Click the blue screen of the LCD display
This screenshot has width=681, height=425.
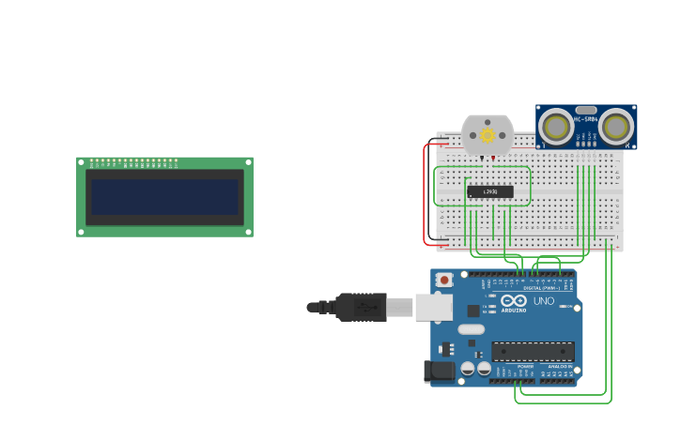pos(164,197)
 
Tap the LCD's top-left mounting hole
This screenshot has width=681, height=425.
pos(81,161)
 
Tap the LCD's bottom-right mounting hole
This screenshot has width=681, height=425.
pos(248,232)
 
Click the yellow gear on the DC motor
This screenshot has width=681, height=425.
pos(488,136)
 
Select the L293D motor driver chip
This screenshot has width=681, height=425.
pos(490,191)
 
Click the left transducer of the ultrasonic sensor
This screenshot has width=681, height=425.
pos(556,127)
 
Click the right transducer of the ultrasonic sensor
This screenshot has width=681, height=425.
pos(617,127)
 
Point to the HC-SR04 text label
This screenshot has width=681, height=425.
pos(586,119)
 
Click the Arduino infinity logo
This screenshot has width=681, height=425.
pos(514,301)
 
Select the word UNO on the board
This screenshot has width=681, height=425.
pos(544,301)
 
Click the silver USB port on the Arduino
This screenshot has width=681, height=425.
pos(434,307)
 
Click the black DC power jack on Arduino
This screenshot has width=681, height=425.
pos(439,372)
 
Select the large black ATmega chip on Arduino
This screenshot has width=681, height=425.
pos(533,352)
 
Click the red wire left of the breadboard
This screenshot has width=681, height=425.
pos(425,197)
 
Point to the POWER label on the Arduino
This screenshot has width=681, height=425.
pos(512,367)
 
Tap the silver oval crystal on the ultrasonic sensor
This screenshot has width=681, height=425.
pos(586,110)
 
